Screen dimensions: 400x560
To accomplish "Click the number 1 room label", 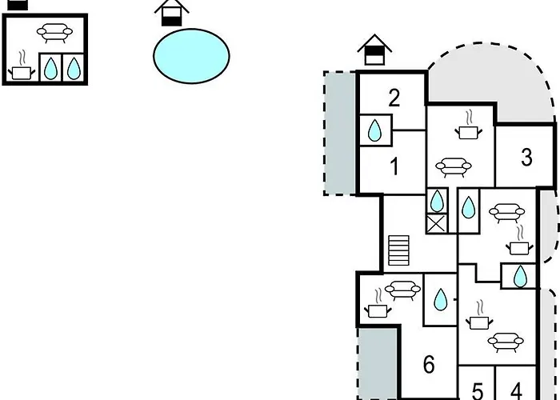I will pyautogui.click(x=394, y=167).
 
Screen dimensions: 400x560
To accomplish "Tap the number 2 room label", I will pyautogui.click(x=394, y=98).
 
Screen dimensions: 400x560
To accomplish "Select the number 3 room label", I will pyautogui.click(x=526, y=158).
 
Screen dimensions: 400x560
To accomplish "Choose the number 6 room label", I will pyautogui.click(x=429, y=366).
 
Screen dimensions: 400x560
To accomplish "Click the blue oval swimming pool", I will pyautogui.click(x=191, y=56).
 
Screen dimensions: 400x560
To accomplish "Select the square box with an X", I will pyautogui.click(x=437, y=224).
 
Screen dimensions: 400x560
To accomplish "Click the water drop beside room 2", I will pyautogui.click(x=374, y=130).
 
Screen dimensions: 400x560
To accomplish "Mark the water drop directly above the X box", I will pyautogui.click(x=437, y=201).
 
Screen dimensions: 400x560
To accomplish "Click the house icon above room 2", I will pyautogui.click(x=374, y=50).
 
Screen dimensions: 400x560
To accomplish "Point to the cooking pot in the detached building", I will pyautogui.click(x=21, y=70).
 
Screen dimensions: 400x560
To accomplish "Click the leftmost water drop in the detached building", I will pyautogui.click(x=50, y=69).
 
